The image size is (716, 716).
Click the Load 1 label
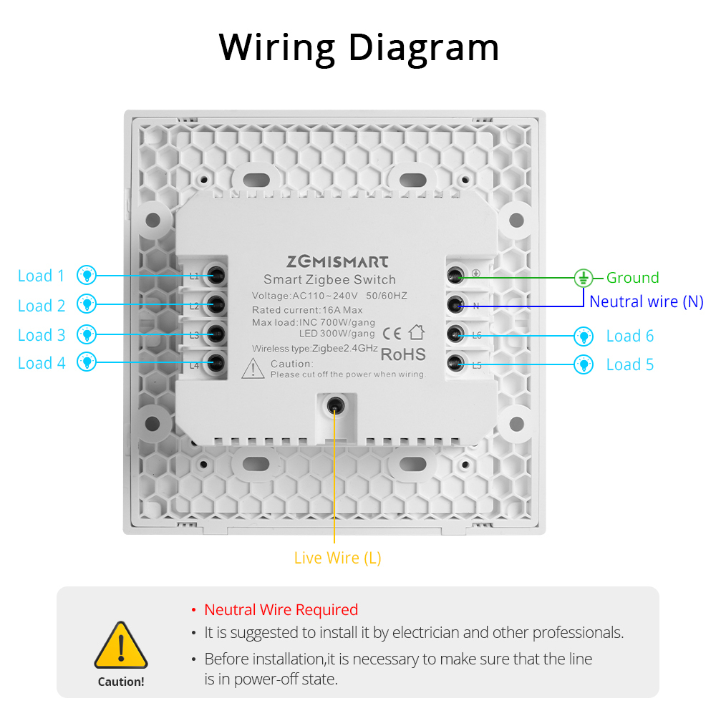pyautogui.click(x=41, y=276)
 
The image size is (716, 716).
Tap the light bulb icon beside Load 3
pyautogui.click(x=87, y=334)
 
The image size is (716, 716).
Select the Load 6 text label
pyautogui.click(x=629, y=336)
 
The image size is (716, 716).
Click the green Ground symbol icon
pyautogui.click(x=584, y=277)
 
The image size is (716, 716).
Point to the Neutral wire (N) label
pyautogui.click(x=646, y=301)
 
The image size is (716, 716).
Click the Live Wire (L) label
pyautogui.click(x=337, y=558)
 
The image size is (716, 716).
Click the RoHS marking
pyautogui.click(x=402, y=354)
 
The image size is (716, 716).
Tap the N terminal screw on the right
pyautogui.click(x=455, y=305)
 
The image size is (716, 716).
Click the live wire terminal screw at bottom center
pyautogui.click(x=334, y=406)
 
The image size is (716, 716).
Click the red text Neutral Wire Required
pyautogui.click(x=281, y=610)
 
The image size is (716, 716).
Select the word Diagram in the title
pyautogui.click(x=423, y=47)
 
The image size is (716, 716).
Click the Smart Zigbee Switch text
pyautogui.click(x=329, y=280)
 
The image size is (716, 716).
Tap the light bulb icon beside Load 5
pyautogui.click(x=584, y=364)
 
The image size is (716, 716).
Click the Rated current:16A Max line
pyautogui.click(x=307, y=310)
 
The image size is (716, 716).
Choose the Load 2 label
pyautogui.click(x=41, y=306)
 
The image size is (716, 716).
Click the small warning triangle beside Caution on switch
pyautogui.click(x=253, y=369)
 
